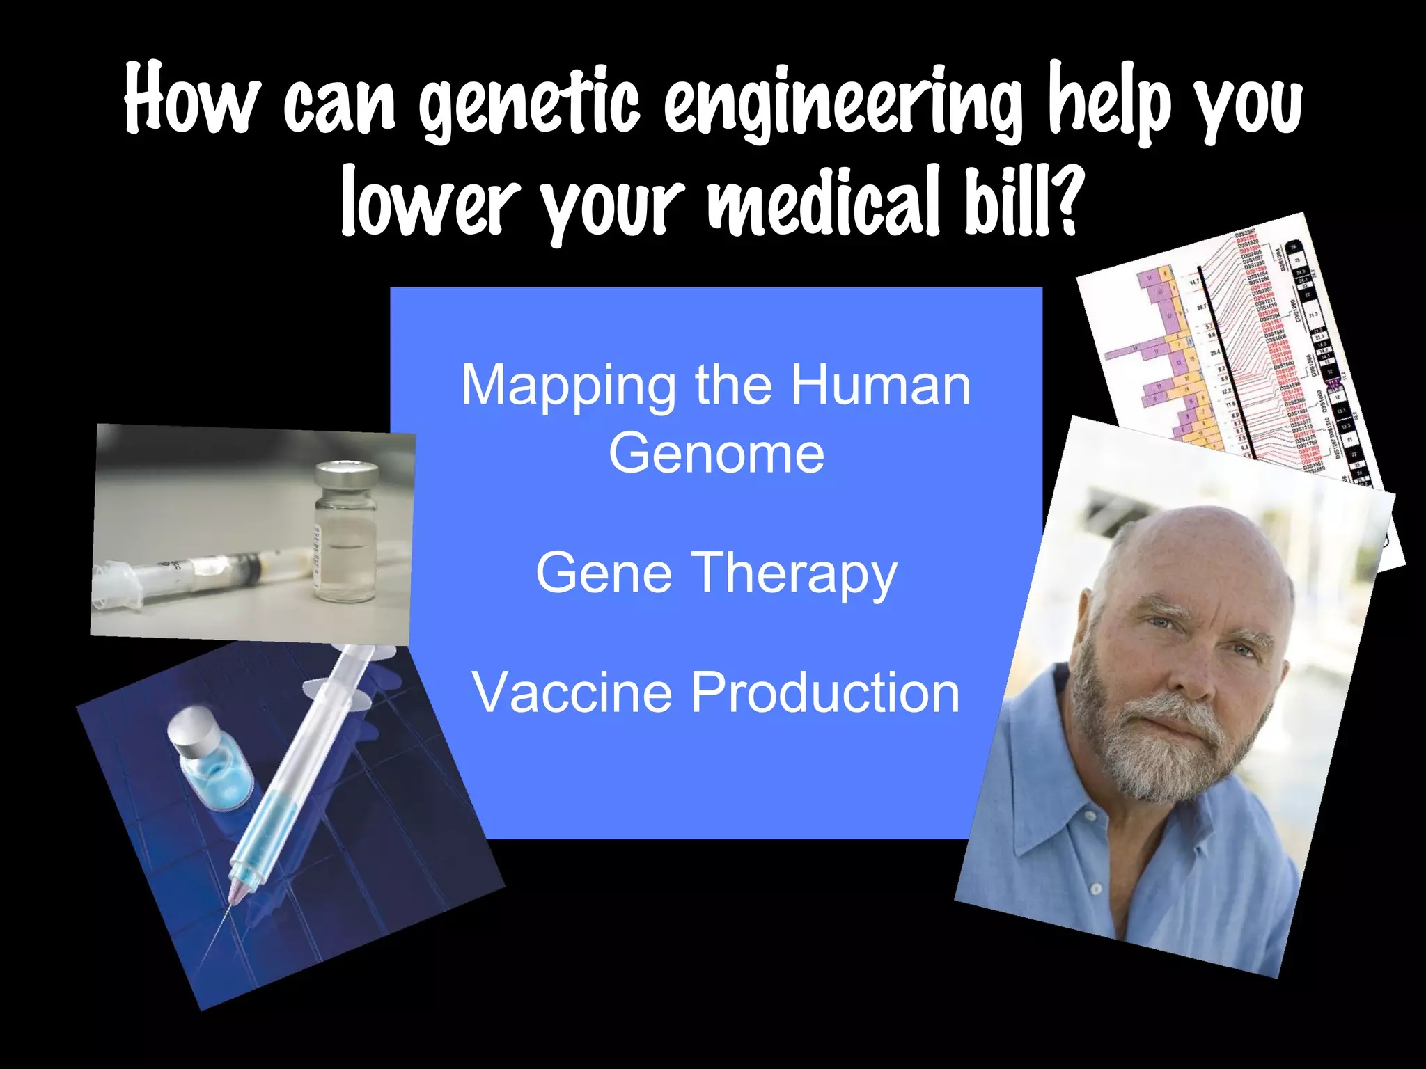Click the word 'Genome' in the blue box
click(x=716, y=453)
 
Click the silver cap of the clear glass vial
click(x=346, y=475)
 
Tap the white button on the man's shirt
click(x=1095, y=889)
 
